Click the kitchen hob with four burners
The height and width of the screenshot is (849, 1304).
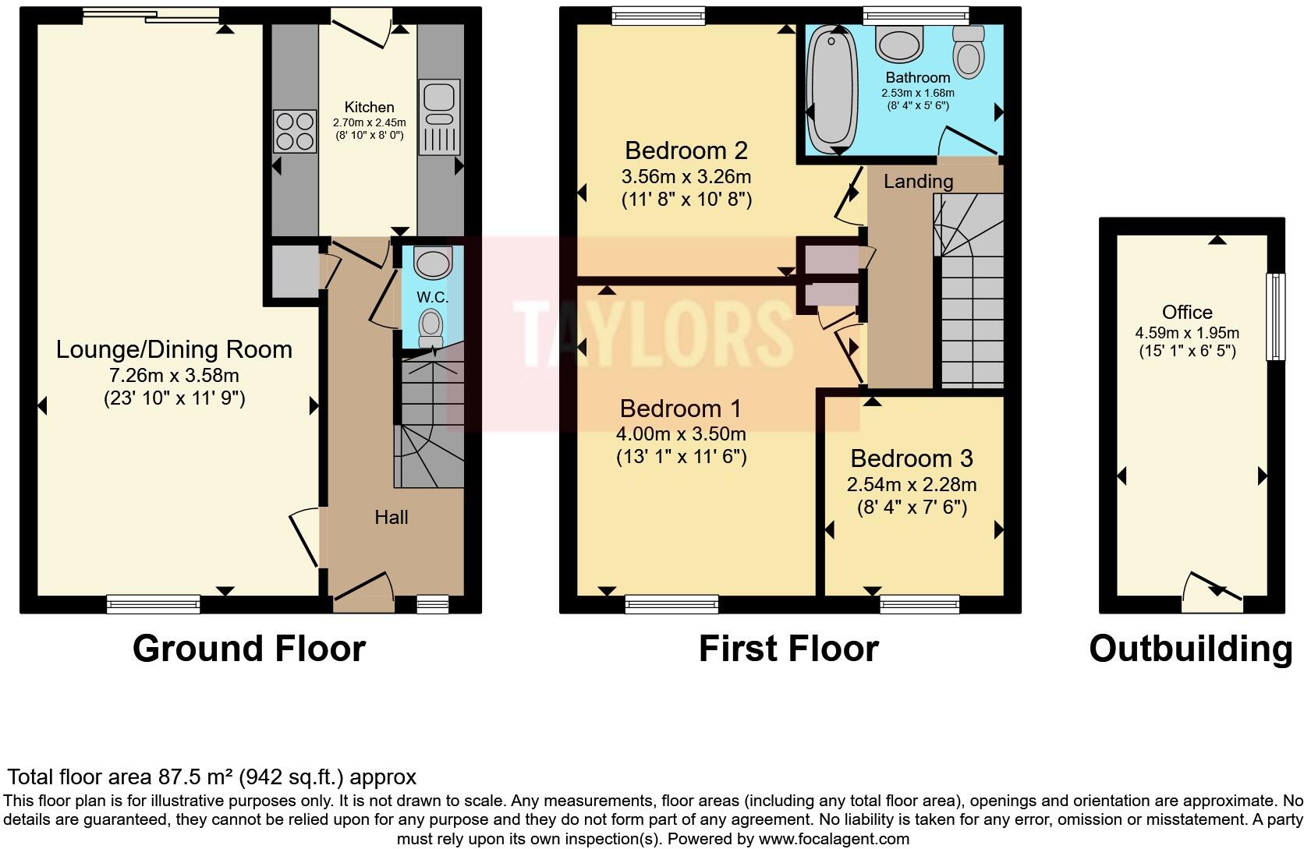click(x=295, y=131)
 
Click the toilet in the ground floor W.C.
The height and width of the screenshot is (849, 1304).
click(x=430, y=327)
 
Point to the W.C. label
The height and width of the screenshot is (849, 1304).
click(x=432, y=297)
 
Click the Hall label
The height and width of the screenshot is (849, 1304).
click(x=391, y=517)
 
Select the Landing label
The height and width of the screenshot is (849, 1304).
click(x=918, y=181)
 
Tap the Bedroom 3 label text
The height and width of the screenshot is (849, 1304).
click(x=911, y=458)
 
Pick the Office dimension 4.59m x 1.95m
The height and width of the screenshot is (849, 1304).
click(x=1186, y=332)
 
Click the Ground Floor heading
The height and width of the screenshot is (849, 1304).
click(x=248, y=649)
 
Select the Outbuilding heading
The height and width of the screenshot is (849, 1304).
click(x=1190, y=649)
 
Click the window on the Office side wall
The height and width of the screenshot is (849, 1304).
click(x=1275, y=317)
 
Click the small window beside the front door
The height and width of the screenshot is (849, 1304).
click(x=432, y=603)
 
